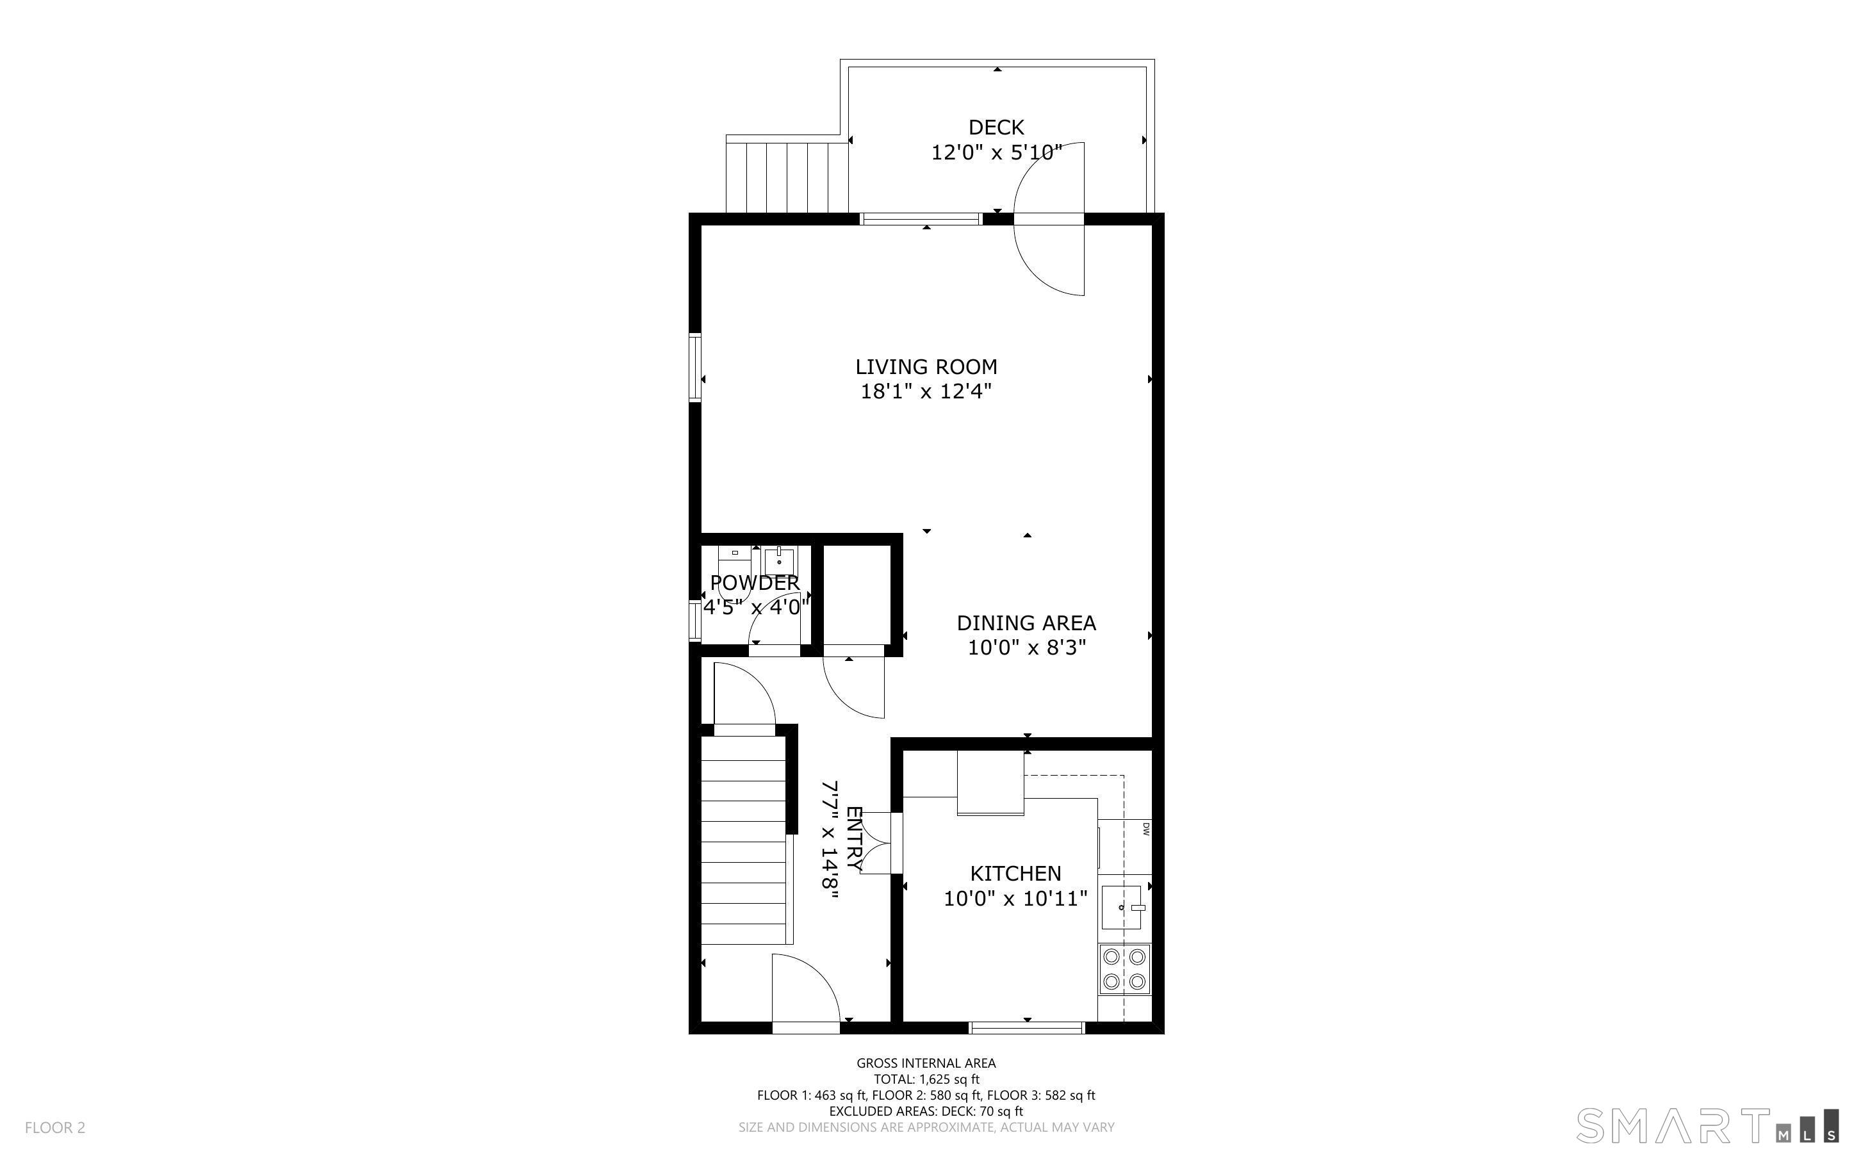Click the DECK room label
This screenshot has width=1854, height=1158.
[x=996, y=127]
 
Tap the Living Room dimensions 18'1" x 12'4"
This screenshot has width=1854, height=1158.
[x=926, y=391]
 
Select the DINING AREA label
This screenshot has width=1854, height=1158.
[x=1026, y=623]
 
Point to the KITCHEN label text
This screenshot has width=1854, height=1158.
[x=1015, y=873]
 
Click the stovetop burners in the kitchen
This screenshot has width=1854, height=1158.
[x=1124, y=969]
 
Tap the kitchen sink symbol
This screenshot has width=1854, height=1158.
[x=1122, y=907]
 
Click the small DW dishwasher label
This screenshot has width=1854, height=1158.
[x=1145, y=828]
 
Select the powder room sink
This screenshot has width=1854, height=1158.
[x=780, y=560]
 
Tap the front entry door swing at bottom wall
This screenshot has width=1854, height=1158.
[x=804, y=992]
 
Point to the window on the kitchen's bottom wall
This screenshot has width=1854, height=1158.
[x=1027, y=1027]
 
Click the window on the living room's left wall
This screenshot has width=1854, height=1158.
[x=694, y=368]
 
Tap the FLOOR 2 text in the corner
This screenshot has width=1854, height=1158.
[x=55, y=1127]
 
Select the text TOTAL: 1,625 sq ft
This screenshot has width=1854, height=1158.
[x=926, y=1079]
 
